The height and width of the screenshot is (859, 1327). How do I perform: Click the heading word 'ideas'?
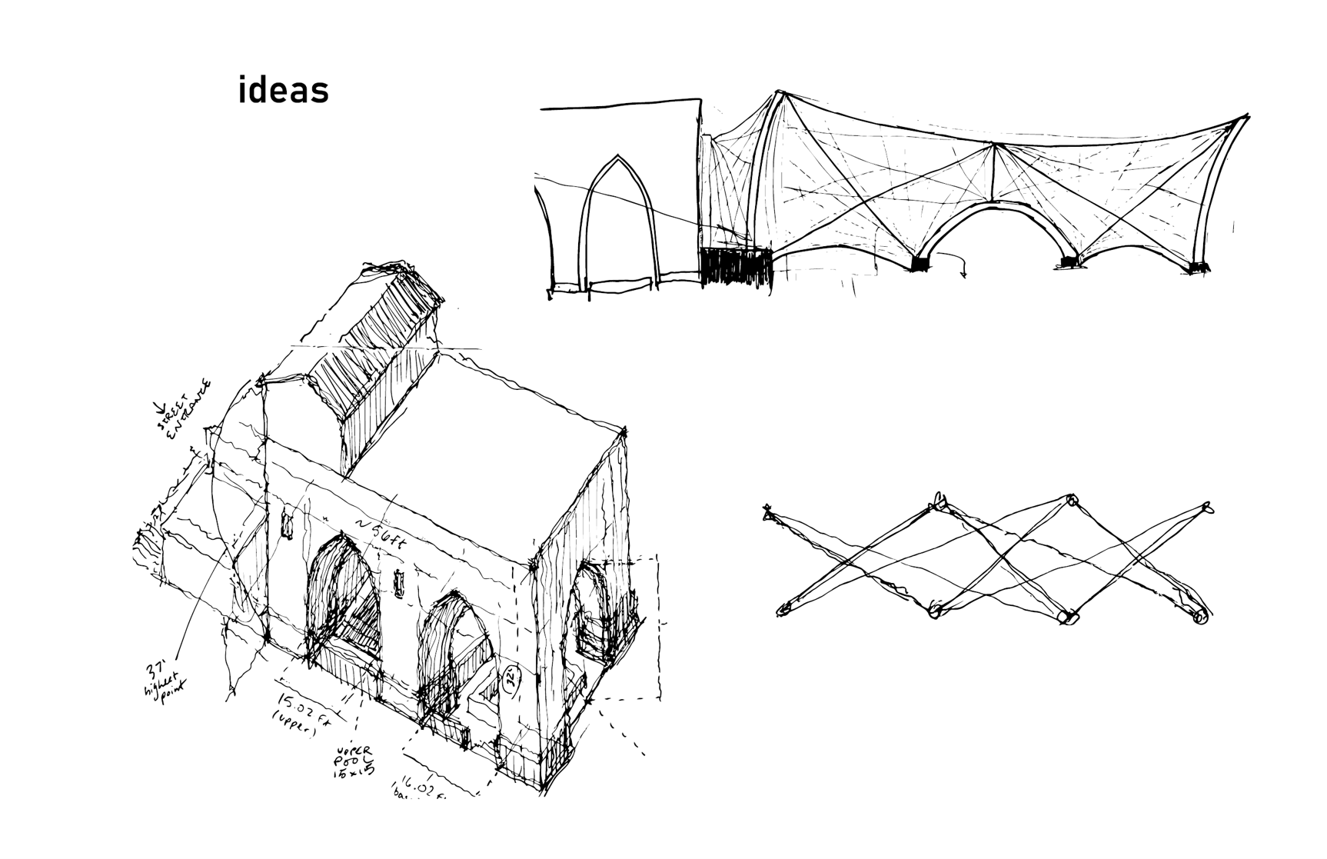coord(284,90)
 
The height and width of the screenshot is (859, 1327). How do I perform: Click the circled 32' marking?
coord(509,679)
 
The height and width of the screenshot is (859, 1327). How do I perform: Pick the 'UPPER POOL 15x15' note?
coord(354,762)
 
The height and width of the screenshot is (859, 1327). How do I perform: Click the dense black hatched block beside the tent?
coord(735,266)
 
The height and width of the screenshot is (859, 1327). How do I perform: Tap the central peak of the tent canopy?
coord(995,144)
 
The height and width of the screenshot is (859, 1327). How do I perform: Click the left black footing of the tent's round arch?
coord(919,264)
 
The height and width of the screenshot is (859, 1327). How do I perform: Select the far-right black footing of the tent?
coord(1198,267)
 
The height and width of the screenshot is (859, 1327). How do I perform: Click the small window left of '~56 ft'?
coord(288,524)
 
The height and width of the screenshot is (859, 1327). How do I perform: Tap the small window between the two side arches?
coord(398,583)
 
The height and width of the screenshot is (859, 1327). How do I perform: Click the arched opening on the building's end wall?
coord(591,611)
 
